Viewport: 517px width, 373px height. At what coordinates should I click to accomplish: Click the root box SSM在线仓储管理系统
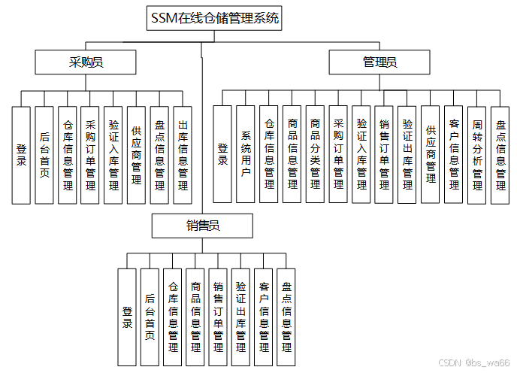point(215,19)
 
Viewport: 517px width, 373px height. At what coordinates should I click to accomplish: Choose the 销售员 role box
point(203,226)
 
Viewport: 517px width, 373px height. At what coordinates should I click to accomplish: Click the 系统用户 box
point(246,154)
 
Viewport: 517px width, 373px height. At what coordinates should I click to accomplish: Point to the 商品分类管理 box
point(315,154)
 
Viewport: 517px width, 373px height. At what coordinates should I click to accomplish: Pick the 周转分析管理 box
point(476,154)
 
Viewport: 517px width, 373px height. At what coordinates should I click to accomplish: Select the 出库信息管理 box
point(182,154)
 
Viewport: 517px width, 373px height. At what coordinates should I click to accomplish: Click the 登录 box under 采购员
point(21,154)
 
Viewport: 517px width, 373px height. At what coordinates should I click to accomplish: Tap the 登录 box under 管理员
point(222,154)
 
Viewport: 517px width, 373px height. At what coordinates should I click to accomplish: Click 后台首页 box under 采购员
point(44,154)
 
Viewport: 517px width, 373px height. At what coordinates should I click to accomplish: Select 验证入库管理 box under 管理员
point(361,154)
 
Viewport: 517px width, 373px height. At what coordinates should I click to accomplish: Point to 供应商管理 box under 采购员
point(136,154)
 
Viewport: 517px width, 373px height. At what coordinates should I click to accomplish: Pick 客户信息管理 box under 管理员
point(453,154)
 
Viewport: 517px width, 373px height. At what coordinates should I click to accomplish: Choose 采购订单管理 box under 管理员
point(338,154)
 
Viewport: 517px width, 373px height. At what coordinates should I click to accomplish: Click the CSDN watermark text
point(474,362)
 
